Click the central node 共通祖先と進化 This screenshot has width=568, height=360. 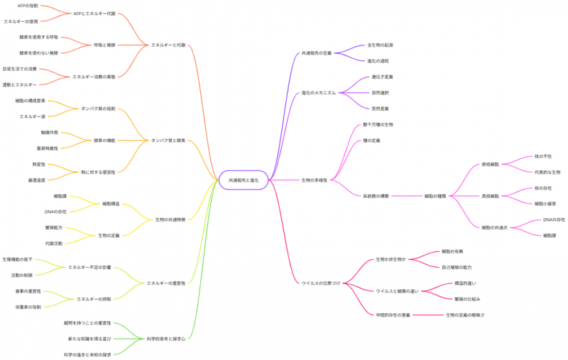(244, 180)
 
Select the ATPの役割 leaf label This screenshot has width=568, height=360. (33, 6)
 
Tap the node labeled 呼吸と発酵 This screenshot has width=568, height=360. (104, 45)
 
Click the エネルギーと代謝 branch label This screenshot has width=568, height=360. (168, 45)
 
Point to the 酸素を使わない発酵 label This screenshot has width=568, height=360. (39, 53)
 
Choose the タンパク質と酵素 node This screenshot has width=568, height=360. (168, 141)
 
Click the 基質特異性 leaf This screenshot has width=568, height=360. (48, 148)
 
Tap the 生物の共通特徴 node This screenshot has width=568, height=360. (170, 220)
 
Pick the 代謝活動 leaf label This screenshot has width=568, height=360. (53, 244)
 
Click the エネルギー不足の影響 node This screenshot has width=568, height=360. (89, 267)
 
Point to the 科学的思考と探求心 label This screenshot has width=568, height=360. (166, 339)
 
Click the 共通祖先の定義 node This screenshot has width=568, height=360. (317, 53)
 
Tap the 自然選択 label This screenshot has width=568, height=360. (380, 92)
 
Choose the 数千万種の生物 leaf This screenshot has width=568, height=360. (378, 124)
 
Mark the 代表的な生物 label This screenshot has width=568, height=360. (547, 172)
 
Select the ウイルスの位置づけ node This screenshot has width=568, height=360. (320, 283)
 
